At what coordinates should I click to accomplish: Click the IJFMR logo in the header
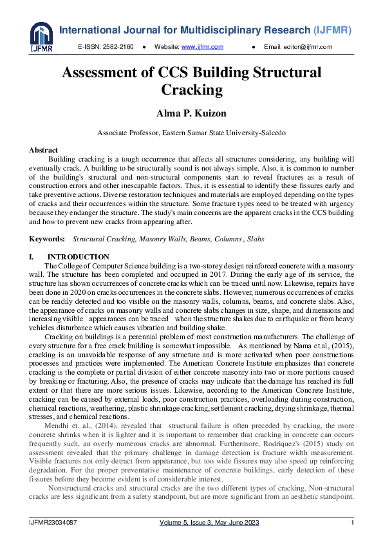click(41, 37)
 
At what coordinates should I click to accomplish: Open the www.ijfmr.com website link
click(202, 48)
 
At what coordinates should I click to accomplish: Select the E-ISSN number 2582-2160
click(118, 48)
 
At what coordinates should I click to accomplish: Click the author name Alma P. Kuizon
click(191, 113)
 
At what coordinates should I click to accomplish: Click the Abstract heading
click(43, 150)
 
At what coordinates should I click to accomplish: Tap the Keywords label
click(47, 239)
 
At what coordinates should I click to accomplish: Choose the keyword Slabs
click(252, 239)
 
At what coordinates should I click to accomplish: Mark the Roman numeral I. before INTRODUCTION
click(32, 257)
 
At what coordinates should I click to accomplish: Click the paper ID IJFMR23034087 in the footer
click(53, 523)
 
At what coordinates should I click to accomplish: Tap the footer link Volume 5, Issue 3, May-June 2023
click(209, 523)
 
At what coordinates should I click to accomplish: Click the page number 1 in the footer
click(352, 523)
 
